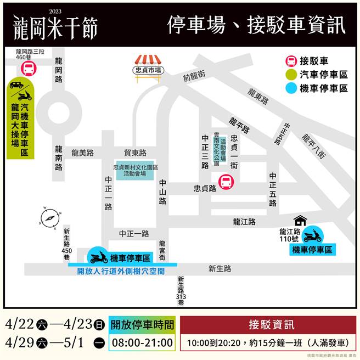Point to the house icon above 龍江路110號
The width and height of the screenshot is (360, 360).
[300, 221]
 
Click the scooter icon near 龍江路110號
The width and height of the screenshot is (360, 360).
[312, 237]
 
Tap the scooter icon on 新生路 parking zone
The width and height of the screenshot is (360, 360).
[99, 256]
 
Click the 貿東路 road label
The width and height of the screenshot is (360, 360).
[135, 153]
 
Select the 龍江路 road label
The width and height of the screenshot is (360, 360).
[244, 222]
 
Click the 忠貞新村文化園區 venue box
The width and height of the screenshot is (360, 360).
[135, 170]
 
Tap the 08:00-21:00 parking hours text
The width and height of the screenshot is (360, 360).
[142, 343]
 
